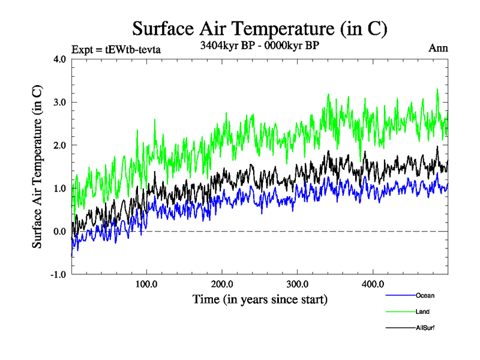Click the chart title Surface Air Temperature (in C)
[260, 28]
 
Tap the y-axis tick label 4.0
[60, 59]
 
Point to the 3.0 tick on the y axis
[60, 102]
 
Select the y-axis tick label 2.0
[60, 145]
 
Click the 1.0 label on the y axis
[60, 188]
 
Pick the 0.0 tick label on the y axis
[60, 232]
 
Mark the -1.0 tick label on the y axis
[59, 275]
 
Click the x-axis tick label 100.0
[147, 284]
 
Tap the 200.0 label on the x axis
[223, 284]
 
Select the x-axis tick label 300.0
[298, 284]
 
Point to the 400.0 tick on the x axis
[373, 284]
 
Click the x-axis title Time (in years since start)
[260, 298]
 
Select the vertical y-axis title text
[37, 167]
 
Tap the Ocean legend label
[424, 295]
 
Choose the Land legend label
[422, 311]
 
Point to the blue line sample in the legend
[399, 295]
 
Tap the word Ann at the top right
[437, 47]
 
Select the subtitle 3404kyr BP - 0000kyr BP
[260, 44]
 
